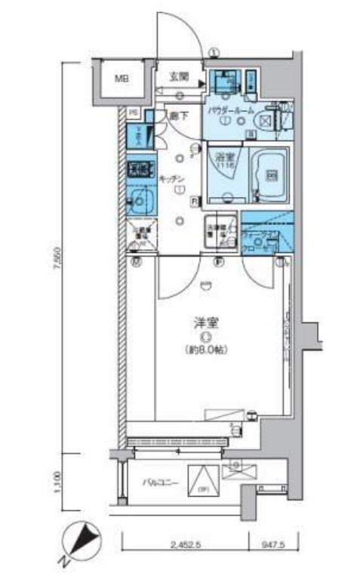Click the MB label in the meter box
click(x=121, y=78)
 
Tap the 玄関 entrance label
click(x=179, y=77)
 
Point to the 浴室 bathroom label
click(x=224, y=159)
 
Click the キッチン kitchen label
click(x=171, y=178)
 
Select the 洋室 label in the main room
click(x=205, y=323)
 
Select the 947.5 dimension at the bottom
click(x=274, y=543)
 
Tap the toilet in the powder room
click(x=269, y=119)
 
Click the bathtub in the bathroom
click(x=269, y=174)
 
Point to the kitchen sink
click(x=139, y=202)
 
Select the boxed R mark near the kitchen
click(x=194, y=201)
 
